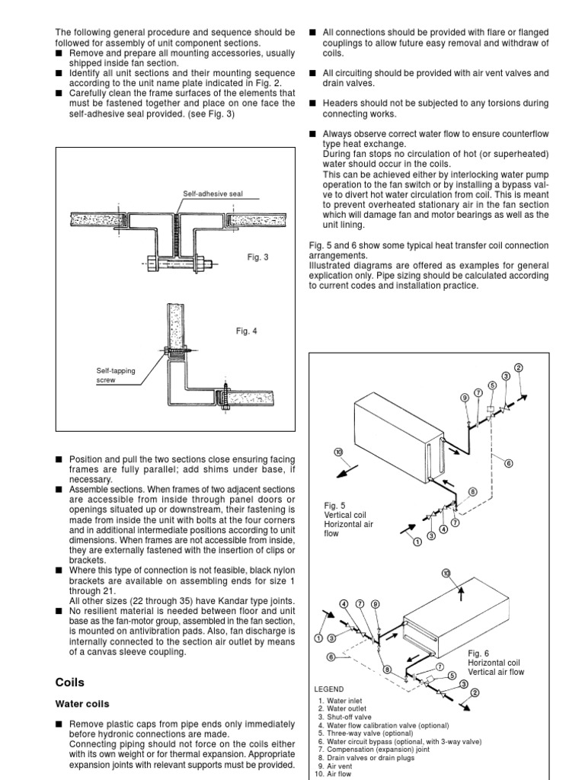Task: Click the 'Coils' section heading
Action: pyautogui.click(x=69, y=682)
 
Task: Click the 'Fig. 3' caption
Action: pyautogui.click(x=258, y=257)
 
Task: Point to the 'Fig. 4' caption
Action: pyautogui.click(x=247, y=331)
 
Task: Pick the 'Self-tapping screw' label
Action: pyautogui.click(x=115, y=375)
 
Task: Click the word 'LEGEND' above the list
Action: pyautogui.click(x=328, y=689)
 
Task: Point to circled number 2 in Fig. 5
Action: pyautogui.click(x=519, y=368)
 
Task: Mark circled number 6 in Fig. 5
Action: pyautogui.click(x=509, y=462)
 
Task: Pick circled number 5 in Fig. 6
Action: pyautogui.click(x=452, y=675)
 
